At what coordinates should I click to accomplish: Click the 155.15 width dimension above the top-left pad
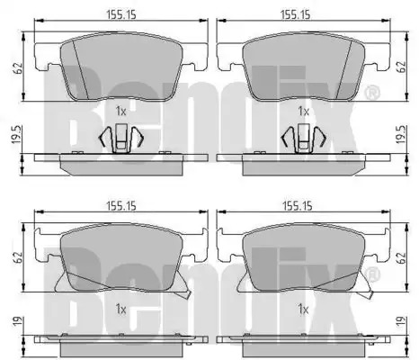tap(121, 14)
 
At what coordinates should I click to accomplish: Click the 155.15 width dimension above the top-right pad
tap(295, 14)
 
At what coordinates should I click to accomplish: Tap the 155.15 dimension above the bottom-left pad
tap(121, 206)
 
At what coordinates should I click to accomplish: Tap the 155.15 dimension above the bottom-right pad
tap(298, 206)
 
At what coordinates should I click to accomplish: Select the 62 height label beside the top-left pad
tap(18, 68)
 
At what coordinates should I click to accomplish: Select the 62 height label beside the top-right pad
tap(401, 67)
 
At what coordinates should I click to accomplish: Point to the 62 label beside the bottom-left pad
tap(18, 257)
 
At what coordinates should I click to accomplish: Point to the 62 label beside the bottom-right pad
tap(401, 257)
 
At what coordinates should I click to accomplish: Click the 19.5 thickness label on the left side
tap(16, 135)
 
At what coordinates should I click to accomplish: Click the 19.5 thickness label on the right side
tap(401, 135)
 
